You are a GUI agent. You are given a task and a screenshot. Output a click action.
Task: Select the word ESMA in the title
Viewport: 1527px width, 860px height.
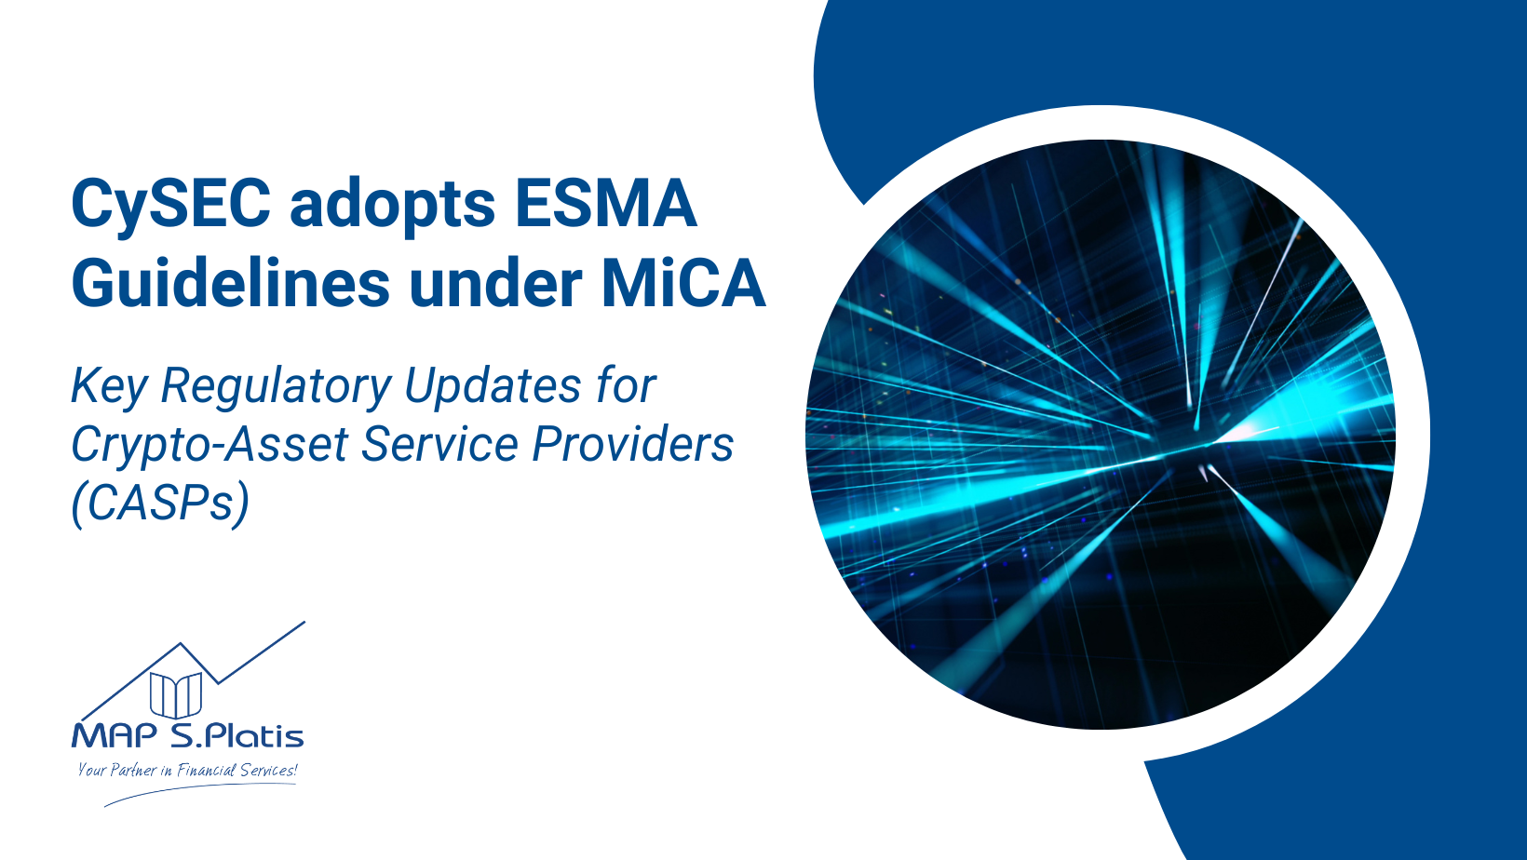click(x=606, y=203)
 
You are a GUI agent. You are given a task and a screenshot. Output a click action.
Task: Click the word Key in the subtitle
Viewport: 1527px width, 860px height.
click(x=108, y=386)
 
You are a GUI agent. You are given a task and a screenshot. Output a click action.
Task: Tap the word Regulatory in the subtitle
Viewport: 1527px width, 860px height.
click(x=276, y=386)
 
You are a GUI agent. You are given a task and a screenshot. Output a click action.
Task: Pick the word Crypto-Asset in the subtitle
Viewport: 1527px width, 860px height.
click(x=210, y=445)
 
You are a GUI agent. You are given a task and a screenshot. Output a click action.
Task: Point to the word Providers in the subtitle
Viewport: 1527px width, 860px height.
click(x=632, y=444)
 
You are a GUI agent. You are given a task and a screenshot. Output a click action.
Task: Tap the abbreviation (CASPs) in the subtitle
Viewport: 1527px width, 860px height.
click(x=160, y=504)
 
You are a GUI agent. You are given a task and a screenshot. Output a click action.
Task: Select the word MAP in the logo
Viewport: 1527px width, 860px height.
click(x=115, y=736)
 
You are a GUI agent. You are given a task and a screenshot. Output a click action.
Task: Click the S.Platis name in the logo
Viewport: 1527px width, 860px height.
click(x=237, y=736)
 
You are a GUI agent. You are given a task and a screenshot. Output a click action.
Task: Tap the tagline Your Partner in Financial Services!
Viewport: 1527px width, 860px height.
click(x=187, y=770)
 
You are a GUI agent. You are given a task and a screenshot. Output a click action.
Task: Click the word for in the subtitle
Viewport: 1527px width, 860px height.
click(x=626, y=386)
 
